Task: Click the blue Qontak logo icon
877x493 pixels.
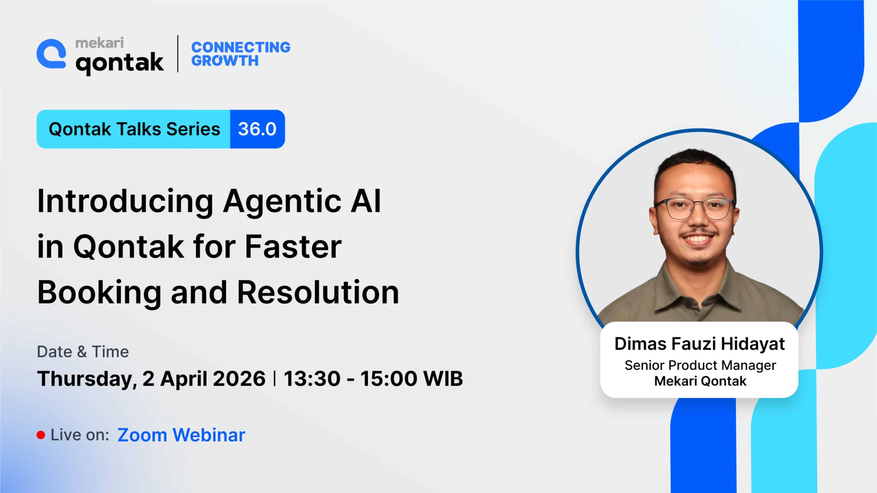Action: coord(51,54)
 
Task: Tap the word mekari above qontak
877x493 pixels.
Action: coord(99,43)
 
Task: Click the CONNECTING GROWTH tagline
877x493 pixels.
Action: coord(240,54)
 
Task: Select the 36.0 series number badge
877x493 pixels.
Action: coord(257,129)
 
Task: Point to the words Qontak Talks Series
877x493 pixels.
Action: coord(134,129)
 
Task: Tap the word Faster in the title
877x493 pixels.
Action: coord(293,246)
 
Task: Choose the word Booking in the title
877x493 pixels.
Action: coord(99,293)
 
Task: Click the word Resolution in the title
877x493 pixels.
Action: coord(318,292)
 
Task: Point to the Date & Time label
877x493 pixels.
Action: coord(83,352)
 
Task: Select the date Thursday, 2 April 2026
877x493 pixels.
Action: coord(151,379)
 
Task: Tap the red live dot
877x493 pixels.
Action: coord(41,435)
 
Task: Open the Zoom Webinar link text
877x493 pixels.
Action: coord(182,435)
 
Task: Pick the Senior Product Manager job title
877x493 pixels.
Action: coord(700,366)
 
